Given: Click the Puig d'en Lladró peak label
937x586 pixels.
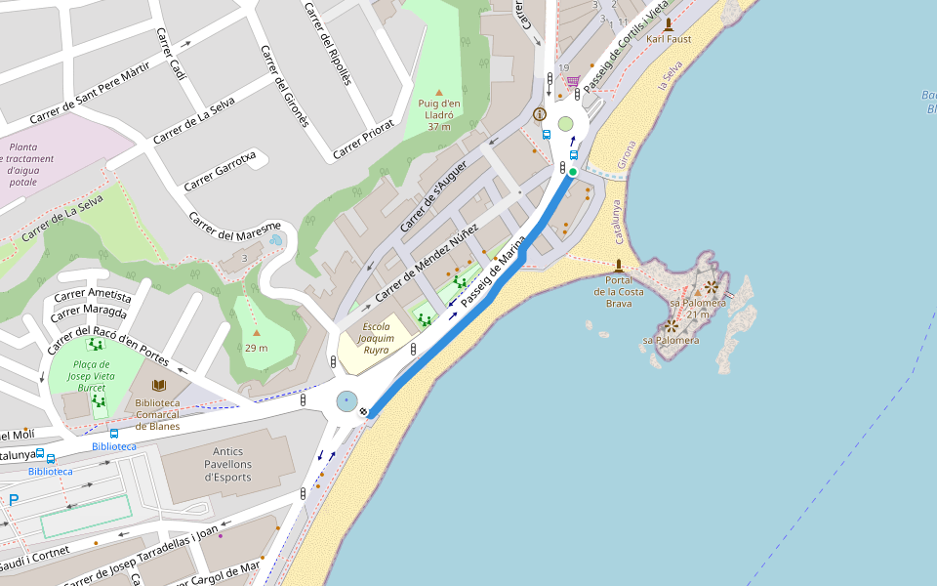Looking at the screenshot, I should point(438,114).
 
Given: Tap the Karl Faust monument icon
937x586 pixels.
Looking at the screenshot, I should point(669,24).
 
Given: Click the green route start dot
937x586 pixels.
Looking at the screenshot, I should point(573,172).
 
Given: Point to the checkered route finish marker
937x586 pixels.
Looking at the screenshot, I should point(363,413).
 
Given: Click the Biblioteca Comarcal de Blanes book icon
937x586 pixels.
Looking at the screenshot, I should point(158,386).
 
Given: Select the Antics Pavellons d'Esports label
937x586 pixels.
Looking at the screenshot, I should point(227,465).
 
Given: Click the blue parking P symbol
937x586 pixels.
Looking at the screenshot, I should point(14,500).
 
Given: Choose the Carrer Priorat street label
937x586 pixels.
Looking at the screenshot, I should point(363,139).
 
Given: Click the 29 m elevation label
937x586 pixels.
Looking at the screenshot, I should point(257,348).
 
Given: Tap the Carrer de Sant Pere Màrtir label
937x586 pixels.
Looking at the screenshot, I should point(90,92).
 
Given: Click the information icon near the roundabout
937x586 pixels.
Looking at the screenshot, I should point(540,114).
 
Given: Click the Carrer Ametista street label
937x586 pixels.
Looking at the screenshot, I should point(94,295).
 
